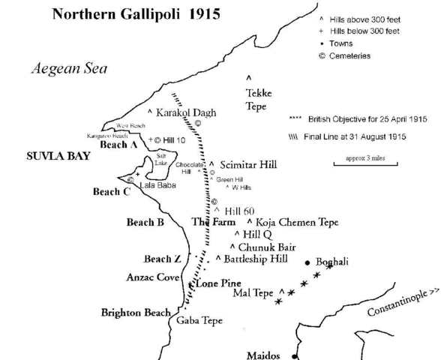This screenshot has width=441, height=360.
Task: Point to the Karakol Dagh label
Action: (186, 112)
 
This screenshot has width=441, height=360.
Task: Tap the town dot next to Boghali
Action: (307, 262)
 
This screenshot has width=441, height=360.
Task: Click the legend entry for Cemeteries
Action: (346, 55)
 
